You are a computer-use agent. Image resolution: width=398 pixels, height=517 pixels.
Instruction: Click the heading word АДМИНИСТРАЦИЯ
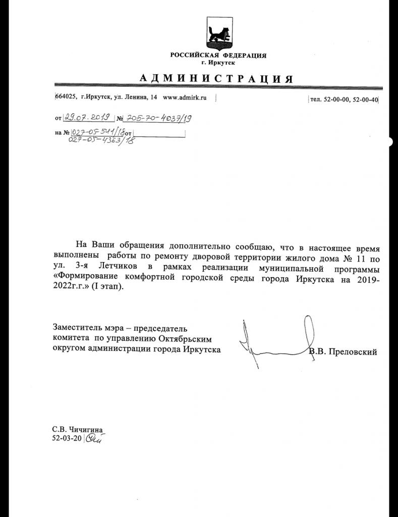(x=216, y=79)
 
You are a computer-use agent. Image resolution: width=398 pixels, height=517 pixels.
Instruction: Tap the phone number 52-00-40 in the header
(x=365, y=99)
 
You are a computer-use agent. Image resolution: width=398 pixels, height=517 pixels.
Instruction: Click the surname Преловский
(x=353, y=352)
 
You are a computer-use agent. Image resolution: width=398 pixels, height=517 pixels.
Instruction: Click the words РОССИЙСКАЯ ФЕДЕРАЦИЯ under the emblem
(x=218, y=56)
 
